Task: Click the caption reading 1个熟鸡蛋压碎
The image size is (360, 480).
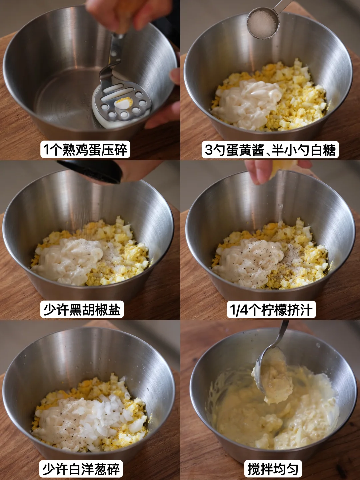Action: coord(85,150)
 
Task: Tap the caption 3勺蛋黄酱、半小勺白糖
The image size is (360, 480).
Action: coord(270,150)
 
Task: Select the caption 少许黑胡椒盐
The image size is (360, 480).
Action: coord(82,310)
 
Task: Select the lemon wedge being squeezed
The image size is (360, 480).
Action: coord(282,169)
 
